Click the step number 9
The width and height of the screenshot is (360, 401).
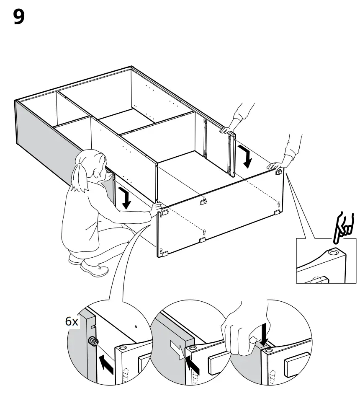pos(19,17)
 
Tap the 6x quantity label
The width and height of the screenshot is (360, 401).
pos(72,322)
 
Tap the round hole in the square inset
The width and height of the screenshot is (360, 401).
pos(333,253)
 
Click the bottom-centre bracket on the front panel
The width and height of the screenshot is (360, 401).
pos(202,240)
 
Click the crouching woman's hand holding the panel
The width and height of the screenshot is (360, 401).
pos(157,206)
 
